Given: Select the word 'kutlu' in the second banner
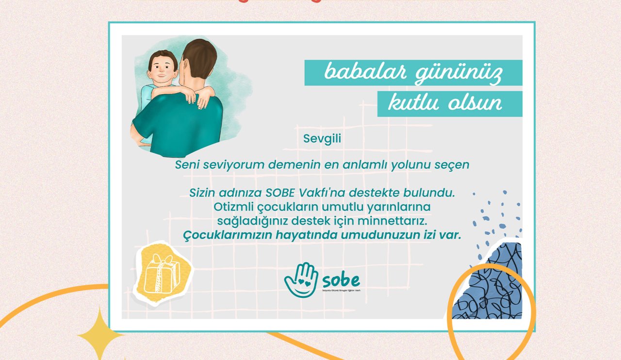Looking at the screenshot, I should pyautogui.click(x=413, y=103).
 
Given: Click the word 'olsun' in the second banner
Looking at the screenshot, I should pyautogui.click(x=475, y=103).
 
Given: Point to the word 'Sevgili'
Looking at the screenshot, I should pyautogui.click(x=322, y=138).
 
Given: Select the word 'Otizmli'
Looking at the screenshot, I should pyautogui.click(x=231, y=207).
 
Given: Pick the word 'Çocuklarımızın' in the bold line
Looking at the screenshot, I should pyautogui.click(x=228, y=235).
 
